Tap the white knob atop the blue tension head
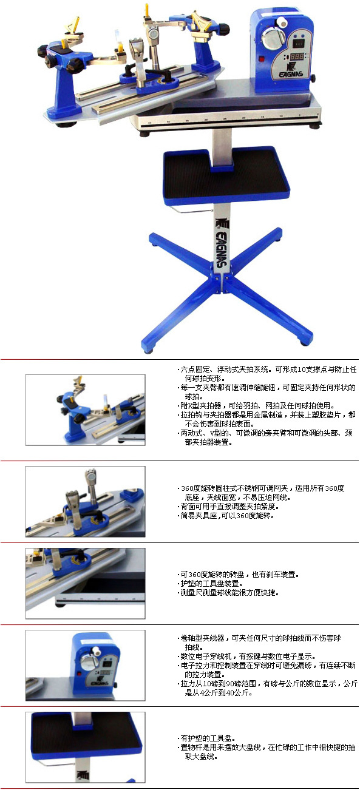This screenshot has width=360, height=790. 281,22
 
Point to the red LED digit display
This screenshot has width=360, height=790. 296,56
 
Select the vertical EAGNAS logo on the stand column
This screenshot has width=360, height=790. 221,243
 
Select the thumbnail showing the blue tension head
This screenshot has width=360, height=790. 86,665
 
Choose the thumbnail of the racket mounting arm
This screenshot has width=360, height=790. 86,410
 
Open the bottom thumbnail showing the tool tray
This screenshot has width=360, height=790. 86,748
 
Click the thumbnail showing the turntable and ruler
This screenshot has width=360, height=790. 86,583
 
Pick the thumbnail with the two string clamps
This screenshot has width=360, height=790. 86,502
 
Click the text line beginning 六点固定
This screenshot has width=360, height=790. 267,370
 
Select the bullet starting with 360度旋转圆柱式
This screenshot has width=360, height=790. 261,488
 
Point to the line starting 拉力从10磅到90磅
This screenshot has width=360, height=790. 267,683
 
